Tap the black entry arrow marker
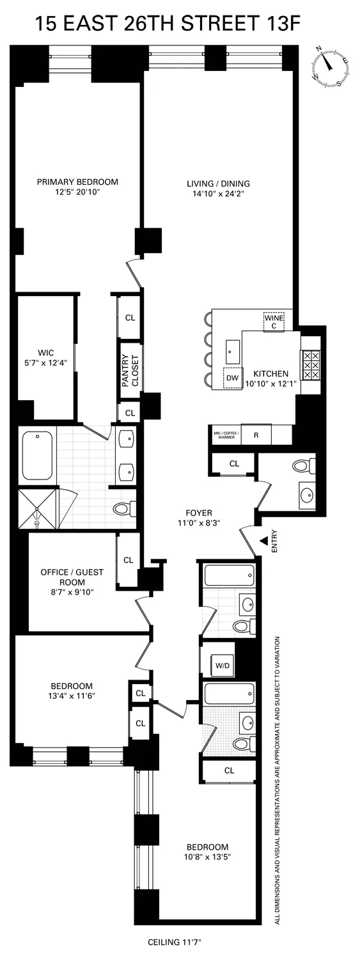(263, 542)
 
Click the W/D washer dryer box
(223, 665)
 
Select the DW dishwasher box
(231, 378)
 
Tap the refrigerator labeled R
(256, 434)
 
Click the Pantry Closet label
(130, 371)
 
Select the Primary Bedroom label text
(77, 182)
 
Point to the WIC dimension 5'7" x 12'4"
(45, 363)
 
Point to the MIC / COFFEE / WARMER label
(224, 434)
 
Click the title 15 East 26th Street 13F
(168, 24)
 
